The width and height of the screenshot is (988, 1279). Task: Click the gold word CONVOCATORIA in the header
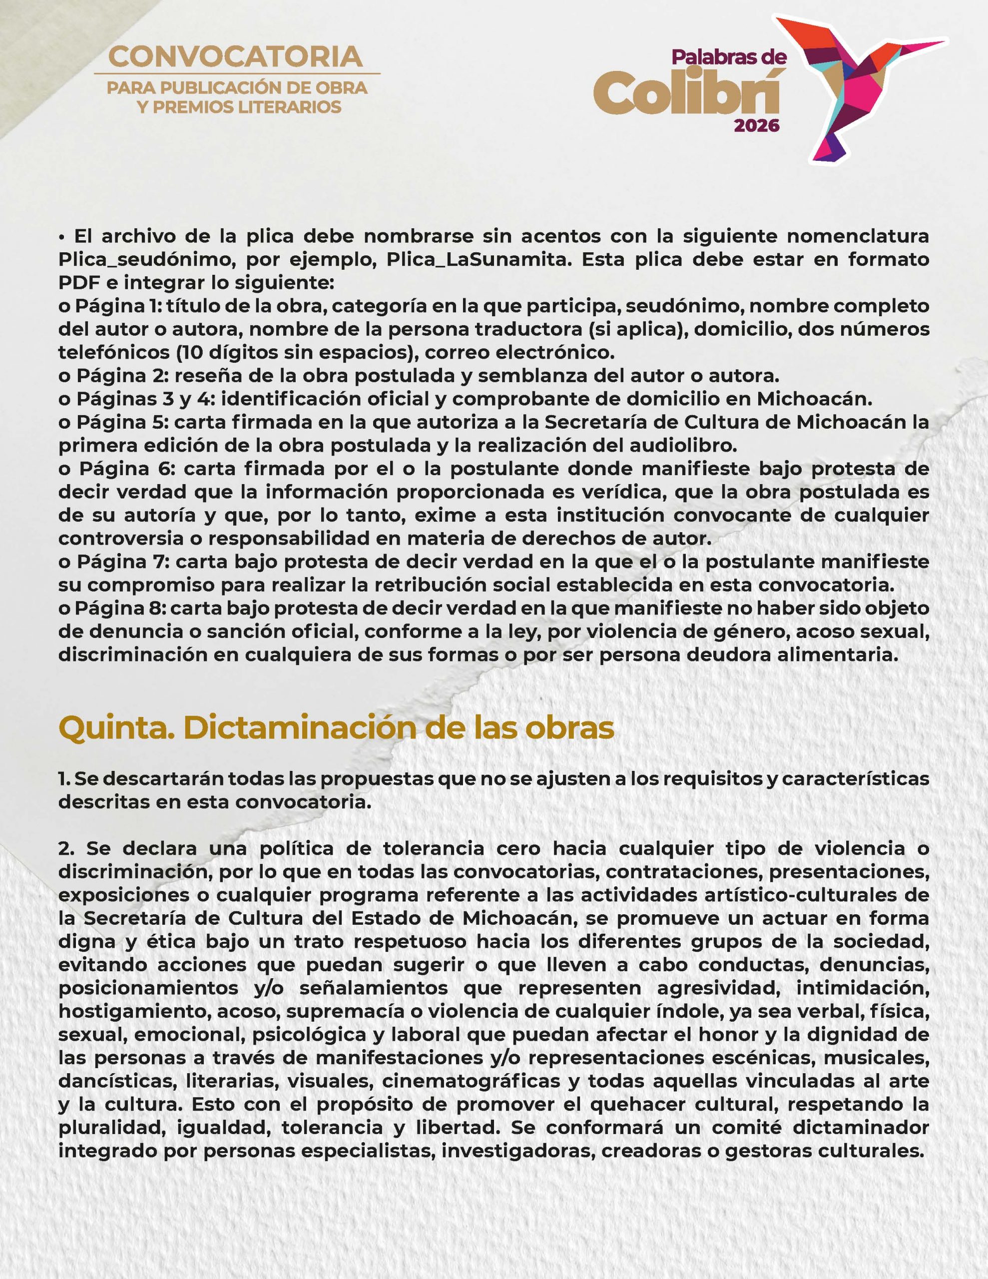(236, 57)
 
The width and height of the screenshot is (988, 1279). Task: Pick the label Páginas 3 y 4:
(136, 399)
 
